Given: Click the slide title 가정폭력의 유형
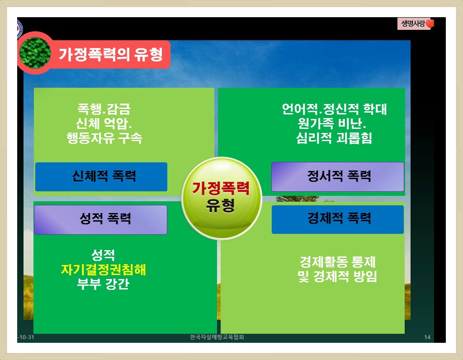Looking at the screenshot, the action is pos(111,54).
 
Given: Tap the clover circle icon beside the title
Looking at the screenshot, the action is pos(35,53).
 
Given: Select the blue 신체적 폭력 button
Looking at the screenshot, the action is pos(101,176).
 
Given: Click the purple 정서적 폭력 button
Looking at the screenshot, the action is pos(337,176).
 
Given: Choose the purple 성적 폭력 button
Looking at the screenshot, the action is pos(101,220).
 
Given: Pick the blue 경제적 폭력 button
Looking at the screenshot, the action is pos(337,219).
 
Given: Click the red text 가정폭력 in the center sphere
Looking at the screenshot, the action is pos(221,188).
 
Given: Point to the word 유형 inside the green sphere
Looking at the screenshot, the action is pos(220,205).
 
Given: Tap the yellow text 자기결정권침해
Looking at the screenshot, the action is pos(104,270).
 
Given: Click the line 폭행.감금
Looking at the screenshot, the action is pos(104,109).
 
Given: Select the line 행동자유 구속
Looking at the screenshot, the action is pos(104,137).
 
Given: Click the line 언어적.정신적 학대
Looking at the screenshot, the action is pos(334,109).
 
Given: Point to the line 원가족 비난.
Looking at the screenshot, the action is pos(332,123).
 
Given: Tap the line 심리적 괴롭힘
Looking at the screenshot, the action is pos(334,138).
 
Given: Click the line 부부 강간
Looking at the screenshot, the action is pos(103,284).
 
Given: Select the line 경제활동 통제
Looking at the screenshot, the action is pos(337,262).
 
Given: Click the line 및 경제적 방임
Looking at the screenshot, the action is pos(337,276).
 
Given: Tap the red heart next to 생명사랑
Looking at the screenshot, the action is pos(430,24).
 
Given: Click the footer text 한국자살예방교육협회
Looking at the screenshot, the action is pos(217,337).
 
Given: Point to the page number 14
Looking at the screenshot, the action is pos(427,337).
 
